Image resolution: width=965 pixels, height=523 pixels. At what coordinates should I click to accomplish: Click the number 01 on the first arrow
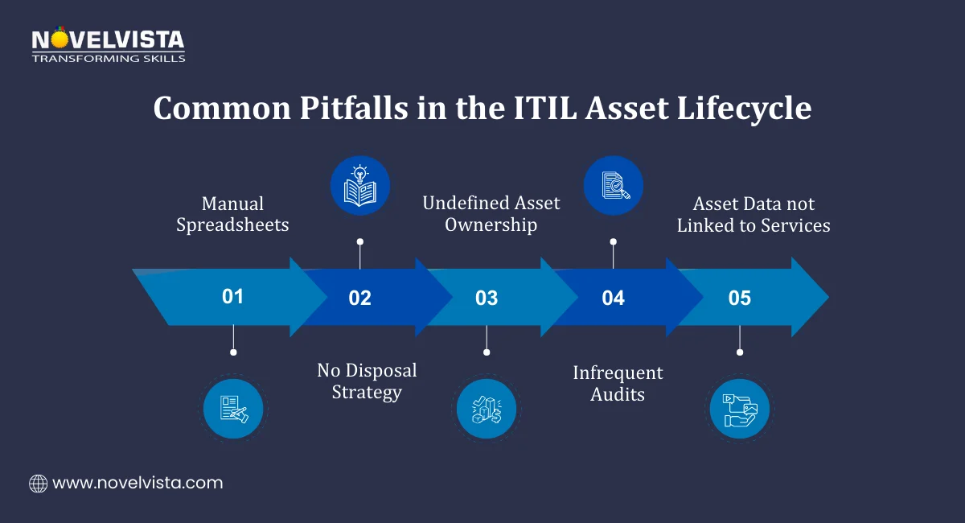pyautogui.click(x=232, y=297)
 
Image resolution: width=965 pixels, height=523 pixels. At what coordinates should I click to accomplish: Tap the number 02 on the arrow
pyautogui.click(x=359, y=299)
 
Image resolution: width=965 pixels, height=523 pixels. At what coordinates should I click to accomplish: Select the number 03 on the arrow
pyautogui.click(x=486, y=299)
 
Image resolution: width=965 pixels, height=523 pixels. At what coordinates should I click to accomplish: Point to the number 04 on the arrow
pyautogui.click(x=613, y=299)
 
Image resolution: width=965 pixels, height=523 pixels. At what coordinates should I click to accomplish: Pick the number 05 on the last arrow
pyautogui.click(x=739, y=299)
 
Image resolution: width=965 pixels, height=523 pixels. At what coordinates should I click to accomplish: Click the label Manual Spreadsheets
pyautogui.click(x=232, y=214)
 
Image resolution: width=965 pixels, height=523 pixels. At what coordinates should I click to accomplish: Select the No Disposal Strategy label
pyautogui.click(x=367, y=381)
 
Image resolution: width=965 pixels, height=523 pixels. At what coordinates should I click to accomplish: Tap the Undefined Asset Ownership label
pyautogui.click(x=491, y=214)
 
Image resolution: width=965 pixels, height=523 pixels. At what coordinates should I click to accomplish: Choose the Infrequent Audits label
pyautogui.click(x=618, y=384)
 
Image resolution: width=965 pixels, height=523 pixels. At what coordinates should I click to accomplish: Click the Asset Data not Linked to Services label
pyautogui.click(x=754, y=214)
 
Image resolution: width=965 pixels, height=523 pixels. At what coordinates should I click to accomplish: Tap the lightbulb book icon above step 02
pyautogui.click(x=359, y=186)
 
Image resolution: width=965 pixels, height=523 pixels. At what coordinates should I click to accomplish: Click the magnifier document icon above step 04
pyautogui.click(x=613, y=186)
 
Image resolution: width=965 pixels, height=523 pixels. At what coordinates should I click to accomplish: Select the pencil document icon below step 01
pyautogui.click(x=232, y=409)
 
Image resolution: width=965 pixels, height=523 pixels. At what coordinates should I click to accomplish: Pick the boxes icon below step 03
pyautogui.click(x=486, y=409)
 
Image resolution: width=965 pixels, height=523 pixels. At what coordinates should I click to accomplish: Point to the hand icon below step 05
pyautogui.click(x=739, y=409)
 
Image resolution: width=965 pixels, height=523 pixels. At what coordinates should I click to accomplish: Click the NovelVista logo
pyautogui.click(x=108, y=46)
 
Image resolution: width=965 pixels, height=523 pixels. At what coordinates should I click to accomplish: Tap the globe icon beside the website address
pyautogui.click(x=38, y=484)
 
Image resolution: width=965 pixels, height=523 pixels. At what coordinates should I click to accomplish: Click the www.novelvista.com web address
pyautogui.click(x=138, y=484)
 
